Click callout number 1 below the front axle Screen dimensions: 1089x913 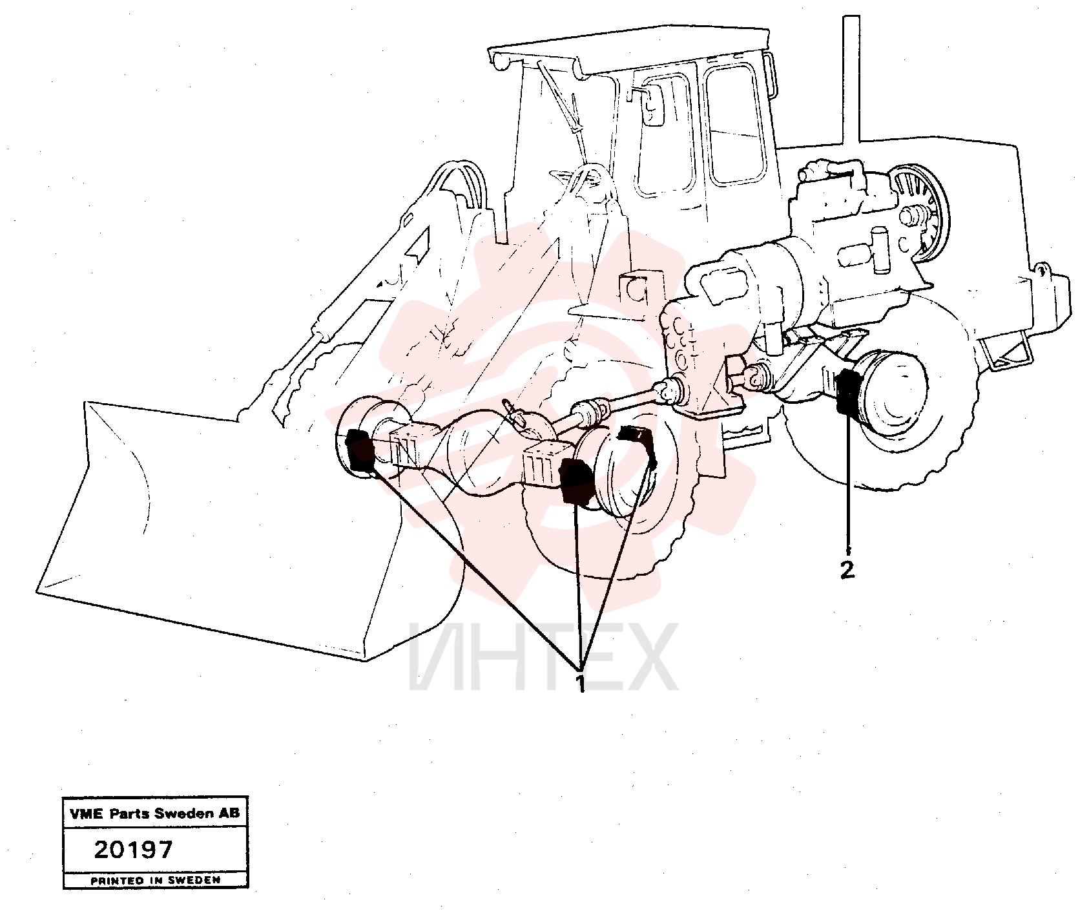pos(580,683)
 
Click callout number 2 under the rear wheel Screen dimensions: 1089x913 pos(847,569)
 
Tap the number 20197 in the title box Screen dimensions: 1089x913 pos(134,849)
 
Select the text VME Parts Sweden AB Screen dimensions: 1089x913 pos(155,813)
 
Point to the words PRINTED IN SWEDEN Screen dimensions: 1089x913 pos(155,880)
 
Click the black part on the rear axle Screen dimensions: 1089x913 pos(847,392)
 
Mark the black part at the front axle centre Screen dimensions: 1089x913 pos(575,482)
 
